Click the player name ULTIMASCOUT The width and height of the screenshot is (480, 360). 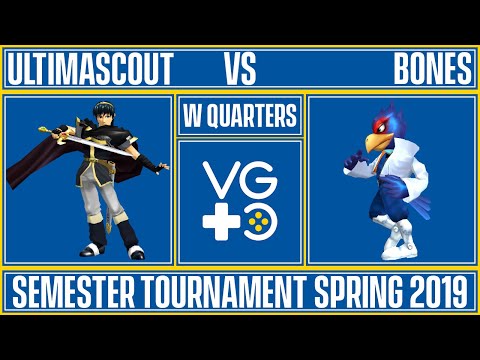click(90, 69)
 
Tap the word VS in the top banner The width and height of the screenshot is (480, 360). click(240, 69)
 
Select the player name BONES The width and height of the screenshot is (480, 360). click(432, 69)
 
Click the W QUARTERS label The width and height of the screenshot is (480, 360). click(240, 116)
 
